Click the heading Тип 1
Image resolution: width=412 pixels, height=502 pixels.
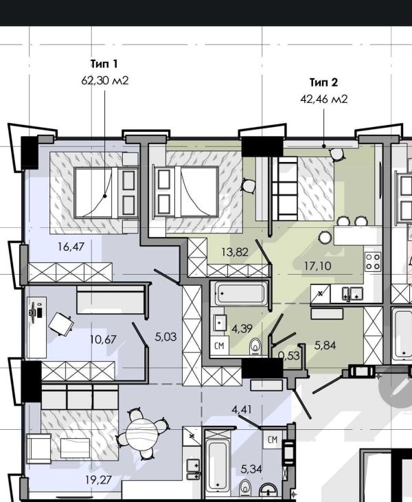tap(104, 65)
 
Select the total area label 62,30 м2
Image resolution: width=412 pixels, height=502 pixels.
tap(105, 80)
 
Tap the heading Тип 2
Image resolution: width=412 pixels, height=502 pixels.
tap(324, 82)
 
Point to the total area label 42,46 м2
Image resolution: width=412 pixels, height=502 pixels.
tap(324, 98)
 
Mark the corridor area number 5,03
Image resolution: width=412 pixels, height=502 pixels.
tap(165, 337)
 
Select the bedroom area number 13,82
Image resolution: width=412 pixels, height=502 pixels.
tap(233, 251)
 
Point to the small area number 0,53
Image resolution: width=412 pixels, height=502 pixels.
tap(289, 355)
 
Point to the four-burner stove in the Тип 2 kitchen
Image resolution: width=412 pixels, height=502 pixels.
tap(373, 261)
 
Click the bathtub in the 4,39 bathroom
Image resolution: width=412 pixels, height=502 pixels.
tap(240, 295)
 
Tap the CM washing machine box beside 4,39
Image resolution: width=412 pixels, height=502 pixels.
tap(220, 345)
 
